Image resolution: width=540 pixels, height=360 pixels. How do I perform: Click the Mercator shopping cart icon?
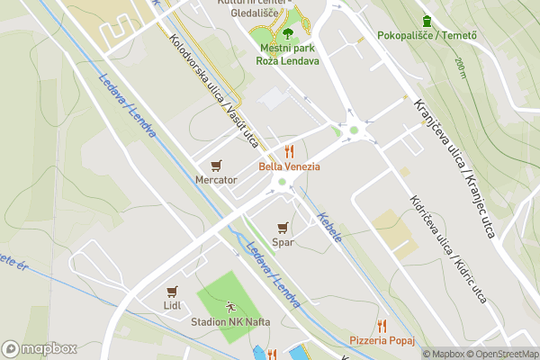point(216,166)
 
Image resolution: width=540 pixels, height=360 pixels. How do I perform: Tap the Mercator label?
point(216,180)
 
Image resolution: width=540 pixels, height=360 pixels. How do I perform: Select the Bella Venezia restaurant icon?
point(289,151)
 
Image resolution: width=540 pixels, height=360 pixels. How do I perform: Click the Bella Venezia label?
point(289,166)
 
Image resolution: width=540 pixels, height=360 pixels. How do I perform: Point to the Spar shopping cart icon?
point(283,228)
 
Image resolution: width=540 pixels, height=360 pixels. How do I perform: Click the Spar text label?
point(283,242)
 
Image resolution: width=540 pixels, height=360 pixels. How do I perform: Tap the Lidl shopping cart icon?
point(173,291)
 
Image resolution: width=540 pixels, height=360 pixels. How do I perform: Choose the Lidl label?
point(173,305)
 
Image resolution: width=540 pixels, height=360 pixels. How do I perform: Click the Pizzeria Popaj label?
point(382,339)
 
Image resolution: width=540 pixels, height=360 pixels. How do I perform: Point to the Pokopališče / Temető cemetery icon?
point(426,21)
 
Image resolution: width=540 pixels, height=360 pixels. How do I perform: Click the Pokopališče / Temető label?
point(427,36)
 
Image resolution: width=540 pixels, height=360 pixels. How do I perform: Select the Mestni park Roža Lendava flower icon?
point(289,33)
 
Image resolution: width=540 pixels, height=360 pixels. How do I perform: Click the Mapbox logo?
point(39,348)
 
